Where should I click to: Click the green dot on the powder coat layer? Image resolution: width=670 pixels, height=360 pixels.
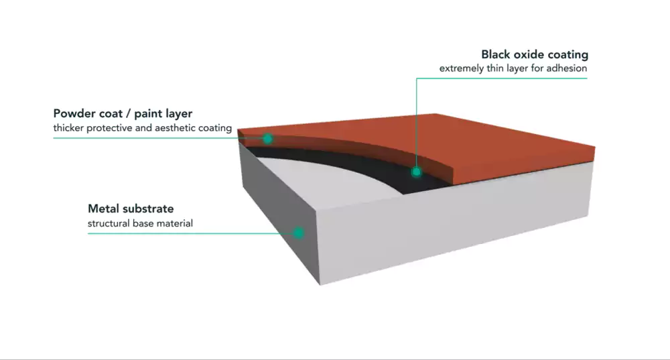[267, 139]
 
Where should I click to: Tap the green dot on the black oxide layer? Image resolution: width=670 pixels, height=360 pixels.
[416, 172]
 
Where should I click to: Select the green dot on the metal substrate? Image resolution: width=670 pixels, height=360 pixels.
[298, 233]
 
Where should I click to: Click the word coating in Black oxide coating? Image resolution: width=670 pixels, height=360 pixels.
[569, 55]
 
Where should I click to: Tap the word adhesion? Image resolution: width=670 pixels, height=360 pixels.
[567, 68]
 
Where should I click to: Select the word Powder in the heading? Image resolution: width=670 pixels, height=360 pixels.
[74, 113]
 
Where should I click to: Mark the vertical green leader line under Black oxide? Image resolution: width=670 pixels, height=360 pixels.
[416, 121]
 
